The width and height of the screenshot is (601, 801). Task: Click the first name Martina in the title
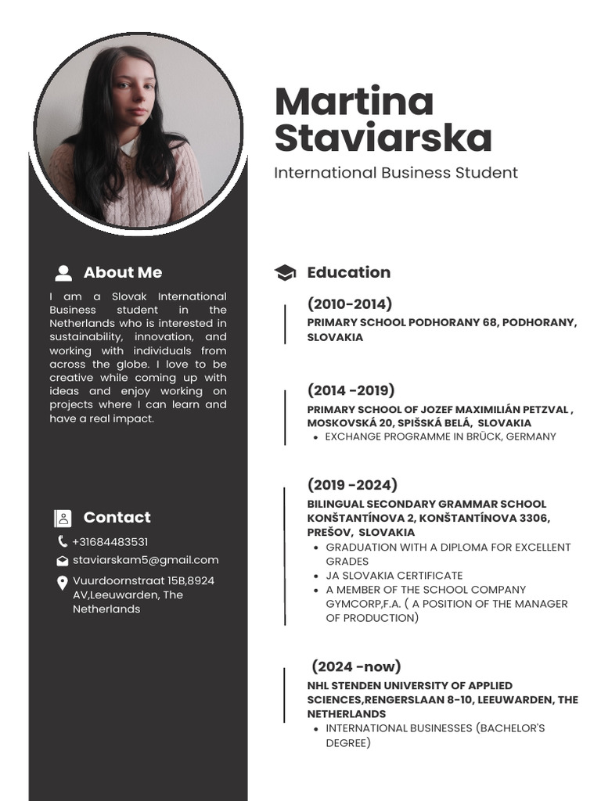pyautogui.click(x=354, y=102)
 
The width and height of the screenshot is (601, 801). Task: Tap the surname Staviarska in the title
pyautogui.click(x=383, y=138)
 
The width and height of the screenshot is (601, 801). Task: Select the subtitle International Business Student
pyautogui.click(x=395, y=173)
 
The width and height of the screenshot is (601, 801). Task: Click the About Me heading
pyautogui.click(x=123, y=272)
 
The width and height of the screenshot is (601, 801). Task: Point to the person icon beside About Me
pyautogui.click(x=63, y=273)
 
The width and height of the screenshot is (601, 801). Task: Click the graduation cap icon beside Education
pyautogui.click(x=285, y=272)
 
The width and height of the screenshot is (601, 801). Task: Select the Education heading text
pyautogui.click(x=348, y=272)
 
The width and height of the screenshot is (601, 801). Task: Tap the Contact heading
pyautogui.click(x=117, y=517)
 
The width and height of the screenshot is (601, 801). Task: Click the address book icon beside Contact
pyautogui.click(x=63, y=518)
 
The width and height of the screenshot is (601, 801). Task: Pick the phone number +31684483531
pyautogui.click(x=110, y=542)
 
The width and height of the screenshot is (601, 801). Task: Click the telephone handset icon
pyautogui.click(x=62, y=541)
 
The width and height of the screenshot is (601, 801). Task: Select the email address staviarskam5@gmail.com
pyautogui.click(x=146, y=560)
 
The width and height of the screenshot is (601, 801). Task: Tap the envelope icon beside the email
pyautogui.click(x=62, y=561)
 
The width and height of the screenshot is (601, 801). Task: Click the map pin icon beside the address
pyautogui.click(x=62, y=583)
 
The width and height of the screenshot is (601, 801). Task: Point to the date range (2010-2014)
pyautogui.click(x=350, y=304)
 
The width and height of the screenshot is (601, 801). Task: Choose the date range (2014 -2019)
pyautogui.click(x=351, y=390)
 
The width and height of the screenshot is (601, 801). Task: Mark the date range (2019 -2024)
pyautogui.click(x=352, y=485)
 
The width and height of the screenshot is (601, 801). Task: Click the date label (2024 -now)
pyautogui.click(x=356, y=666)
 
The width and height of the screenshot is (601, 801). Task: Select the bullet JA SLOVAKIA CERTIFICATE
pyautogui.click(x=394, y=576)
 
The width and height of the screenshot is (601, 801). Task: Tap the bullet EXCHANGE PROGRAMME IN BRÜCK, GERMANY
pyautogui.click(x=440, y=436)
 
